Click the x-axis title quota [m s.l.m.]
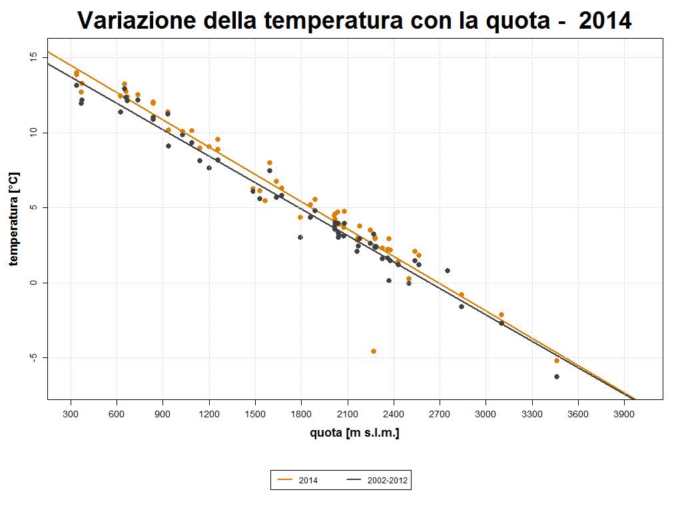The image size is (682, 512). point(354,433)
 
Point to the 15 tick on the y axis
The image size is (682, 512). point(33,58)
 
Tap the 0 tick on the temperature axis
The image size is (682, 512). point(33,283)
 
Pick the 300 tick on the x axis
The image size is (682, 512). point(71,413)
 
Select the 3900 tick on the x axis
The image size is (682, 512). point(624,413)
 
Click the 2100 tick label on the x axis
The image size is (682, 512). point(348,413)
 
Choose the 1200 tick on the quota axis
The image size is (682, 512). point(209,413)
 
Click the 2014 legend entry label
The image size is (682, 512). point(308,480)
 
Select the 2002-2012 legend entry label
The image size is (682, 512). point(388,480)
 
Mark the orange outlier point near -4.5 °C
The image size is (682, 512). point(374,351)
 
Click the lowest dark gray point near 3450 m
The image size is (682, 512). point(557,377)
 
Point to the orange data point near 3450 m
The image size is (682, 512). point(557,361)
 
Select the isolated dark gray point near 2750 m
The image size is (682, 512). point(448,271)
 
